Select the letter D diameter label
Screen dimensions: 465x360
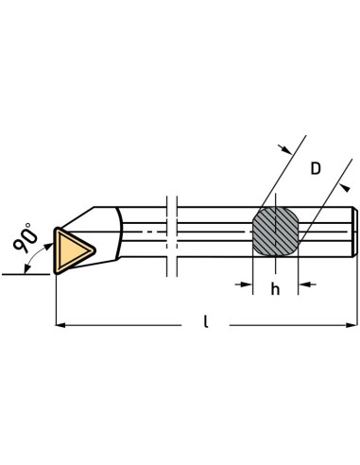(x=317, y=168)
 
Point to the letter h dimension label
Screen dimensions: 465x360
(x=276, y=289)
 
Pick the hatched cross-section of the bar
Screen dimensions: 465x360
(x=276, y=230)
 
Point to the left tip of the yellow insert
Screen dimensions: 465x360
(x=57, y=248)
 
